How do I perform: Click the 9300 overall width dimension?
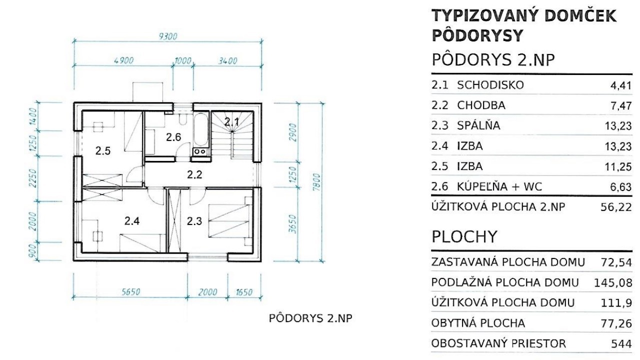coord(167,36)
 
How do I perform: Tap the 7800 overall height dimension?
coord(316,182)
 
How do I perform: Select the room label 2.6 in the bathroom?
coord(173,137)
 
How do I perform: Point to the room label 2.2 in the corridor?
coord(194,174)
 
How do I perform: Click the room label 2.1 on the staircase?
coord(231,122)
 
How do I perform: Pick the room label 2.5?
coord(103,151)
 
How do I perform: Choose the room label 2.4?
coord(131,221)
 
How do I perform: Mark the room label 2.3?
coord(194,221)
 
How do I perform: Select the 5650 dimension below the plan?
coord(131,291)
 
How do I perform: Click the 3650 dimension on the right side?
coord(292,224)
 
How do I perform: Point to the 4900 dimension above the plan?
coord(123,60)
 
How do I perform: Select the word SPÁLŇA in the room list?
coord(478,125)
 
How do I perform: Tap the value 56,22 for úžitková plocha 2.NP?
coord(616,207)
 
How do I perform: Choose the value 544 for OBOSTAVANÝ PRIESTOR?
coord(621,344)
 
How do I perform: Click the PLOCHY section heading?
coord(464,237)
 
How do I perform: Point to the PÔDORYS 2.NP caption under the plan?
coord(310,318)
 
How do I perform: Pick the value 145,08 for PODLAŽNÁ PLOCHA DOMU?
coord(613,283)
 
